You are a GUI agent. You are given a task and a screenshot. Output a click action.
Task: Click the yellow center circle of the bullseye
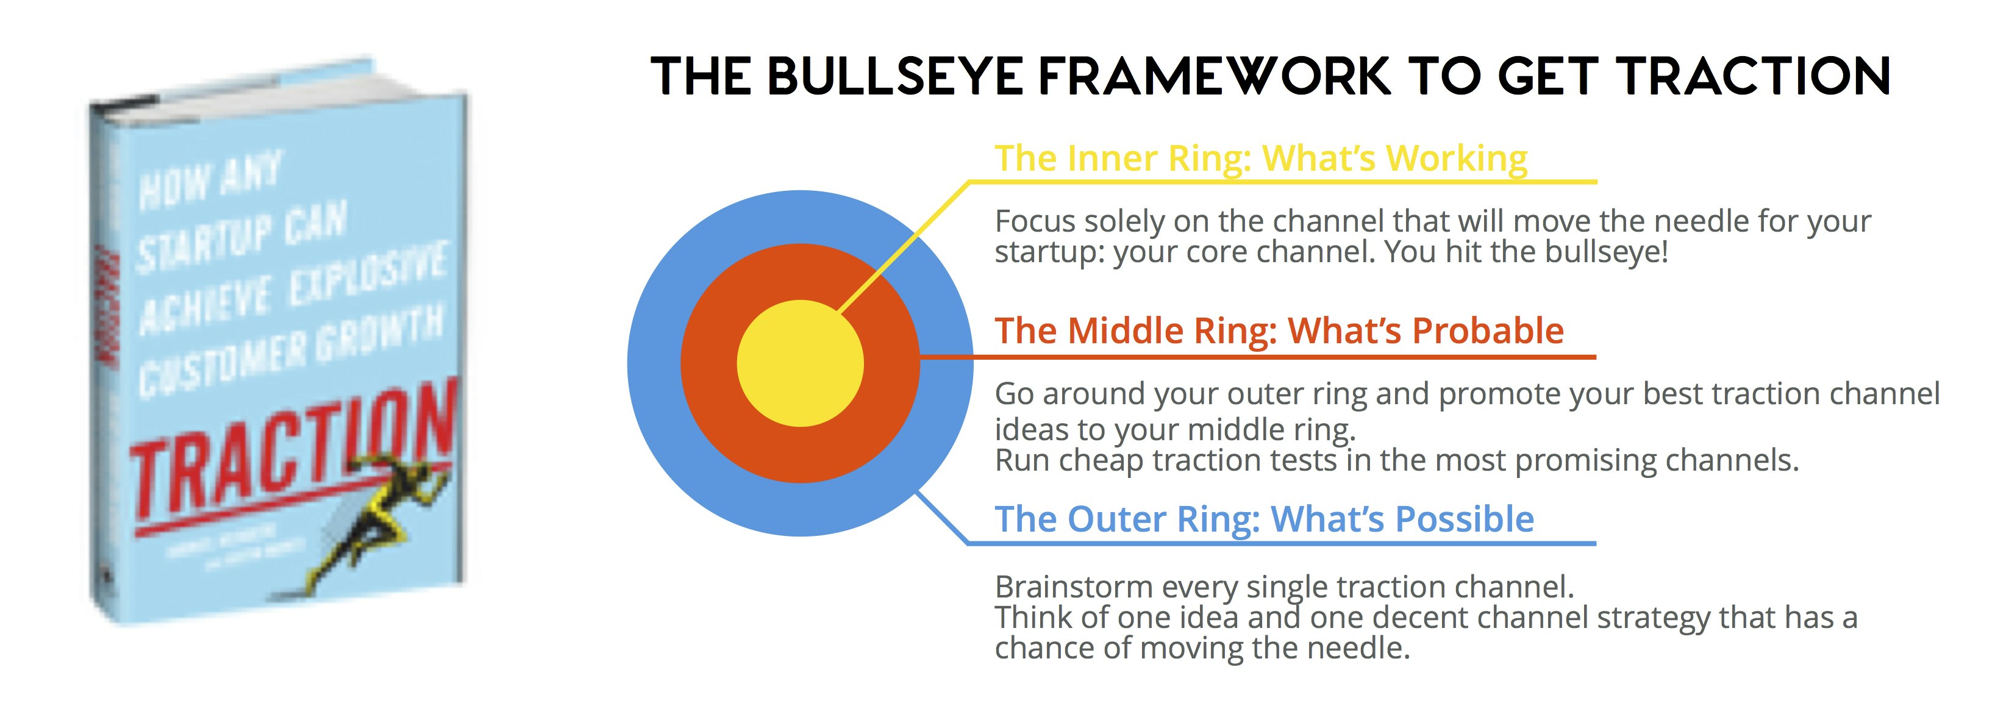click(x=800, y=363)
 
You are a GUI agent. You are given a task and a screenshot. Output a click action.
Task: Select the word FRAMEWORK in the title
click(x=1215, y=77)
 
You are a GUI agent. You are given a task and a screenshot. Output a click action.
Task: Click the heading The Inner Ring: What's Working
click(x=1261, y=159)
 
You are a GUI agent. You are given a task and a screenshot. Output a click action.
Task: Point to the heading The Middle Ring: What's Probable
click(x=1279, y=332)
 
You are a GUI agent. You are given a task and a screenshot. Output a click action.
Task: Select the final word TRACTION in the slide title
click(x=1752, y=77)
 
